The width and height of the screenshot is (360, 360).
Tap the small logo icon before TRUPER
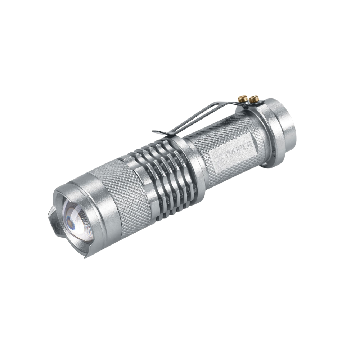(219, 159)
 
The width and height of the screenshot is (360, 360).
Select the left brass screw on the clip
(242, 99)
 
